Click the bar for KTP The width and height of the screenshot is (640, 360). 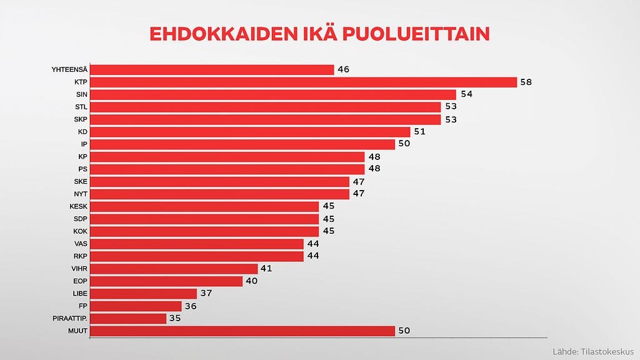pos(304,82)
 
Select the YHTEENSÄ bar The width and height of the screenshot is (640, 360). pos(212,69)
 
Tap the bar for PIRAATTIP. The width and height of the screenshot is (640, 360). pos(129,318)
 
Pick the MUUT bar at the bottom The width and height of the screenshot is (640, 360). pos(243,331)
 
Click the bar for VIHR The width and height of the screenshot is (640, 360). pos(174,269)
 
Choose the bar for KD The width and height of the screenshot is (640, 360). pos(251,132)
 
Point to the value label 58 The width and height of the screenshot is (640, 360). pos(526,82)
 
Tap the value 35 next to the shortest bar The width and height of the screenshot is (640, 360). pos(175,318)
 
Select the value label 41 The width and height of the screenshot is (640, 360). pos(266,269)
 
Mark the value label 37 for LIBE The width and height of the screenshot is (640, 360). pos(206,294)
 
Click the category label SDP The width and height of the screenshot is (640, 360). pos(80,219)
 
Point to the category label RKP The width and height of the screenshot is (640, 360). pos(80,256)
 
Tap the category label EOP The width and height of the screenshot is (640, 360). pos(80,281)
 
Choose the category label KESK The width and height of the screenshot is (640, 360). pos(78,206)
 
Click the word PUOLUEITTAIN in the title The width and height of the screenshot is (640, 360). pos(415,34)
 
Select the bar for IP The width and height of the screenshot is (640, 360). pos(243,144)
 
